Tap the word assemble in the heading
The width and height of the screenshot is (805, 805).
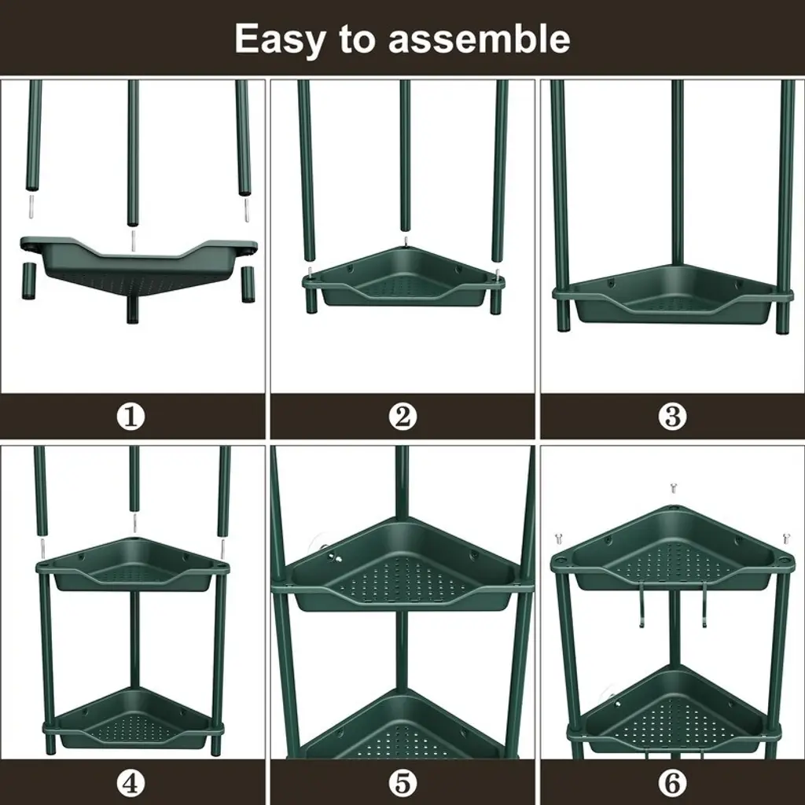tap(479, 39)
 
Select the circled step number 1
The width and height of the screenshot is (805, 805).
tap(131, 417)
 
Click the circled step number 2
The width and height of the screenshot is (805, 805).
tap(402, 417)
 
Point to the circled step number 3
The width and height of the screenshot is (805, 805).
tap(672, 417)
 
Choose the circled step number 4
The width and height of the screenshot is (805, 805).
tap(131, 783)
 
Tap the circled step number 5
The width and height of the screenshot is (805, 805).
tap(402, 783)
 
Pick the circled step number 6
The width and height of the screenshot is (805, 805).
tap(672, 783)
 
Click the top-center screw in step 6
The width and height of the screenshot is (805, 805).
tap(673, 487)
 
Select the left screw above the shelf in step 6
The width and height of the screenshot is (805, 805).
tap(559, 539)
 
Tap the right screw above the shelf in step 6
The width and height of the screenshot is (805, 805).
tap(785, 539)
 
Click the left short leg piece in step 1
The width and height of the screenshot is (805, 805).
tap(29, 281)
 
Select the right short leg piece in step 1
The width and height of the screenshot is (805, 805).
tap(248, 284)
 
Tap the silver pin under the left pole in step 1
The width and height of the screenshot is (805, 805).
tap(30, 207)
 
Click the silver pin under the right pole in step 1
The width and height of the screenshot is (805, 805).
tap(246, 209)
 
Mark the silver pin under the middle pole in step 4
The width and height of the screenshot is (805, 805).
tap(134, 523)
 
